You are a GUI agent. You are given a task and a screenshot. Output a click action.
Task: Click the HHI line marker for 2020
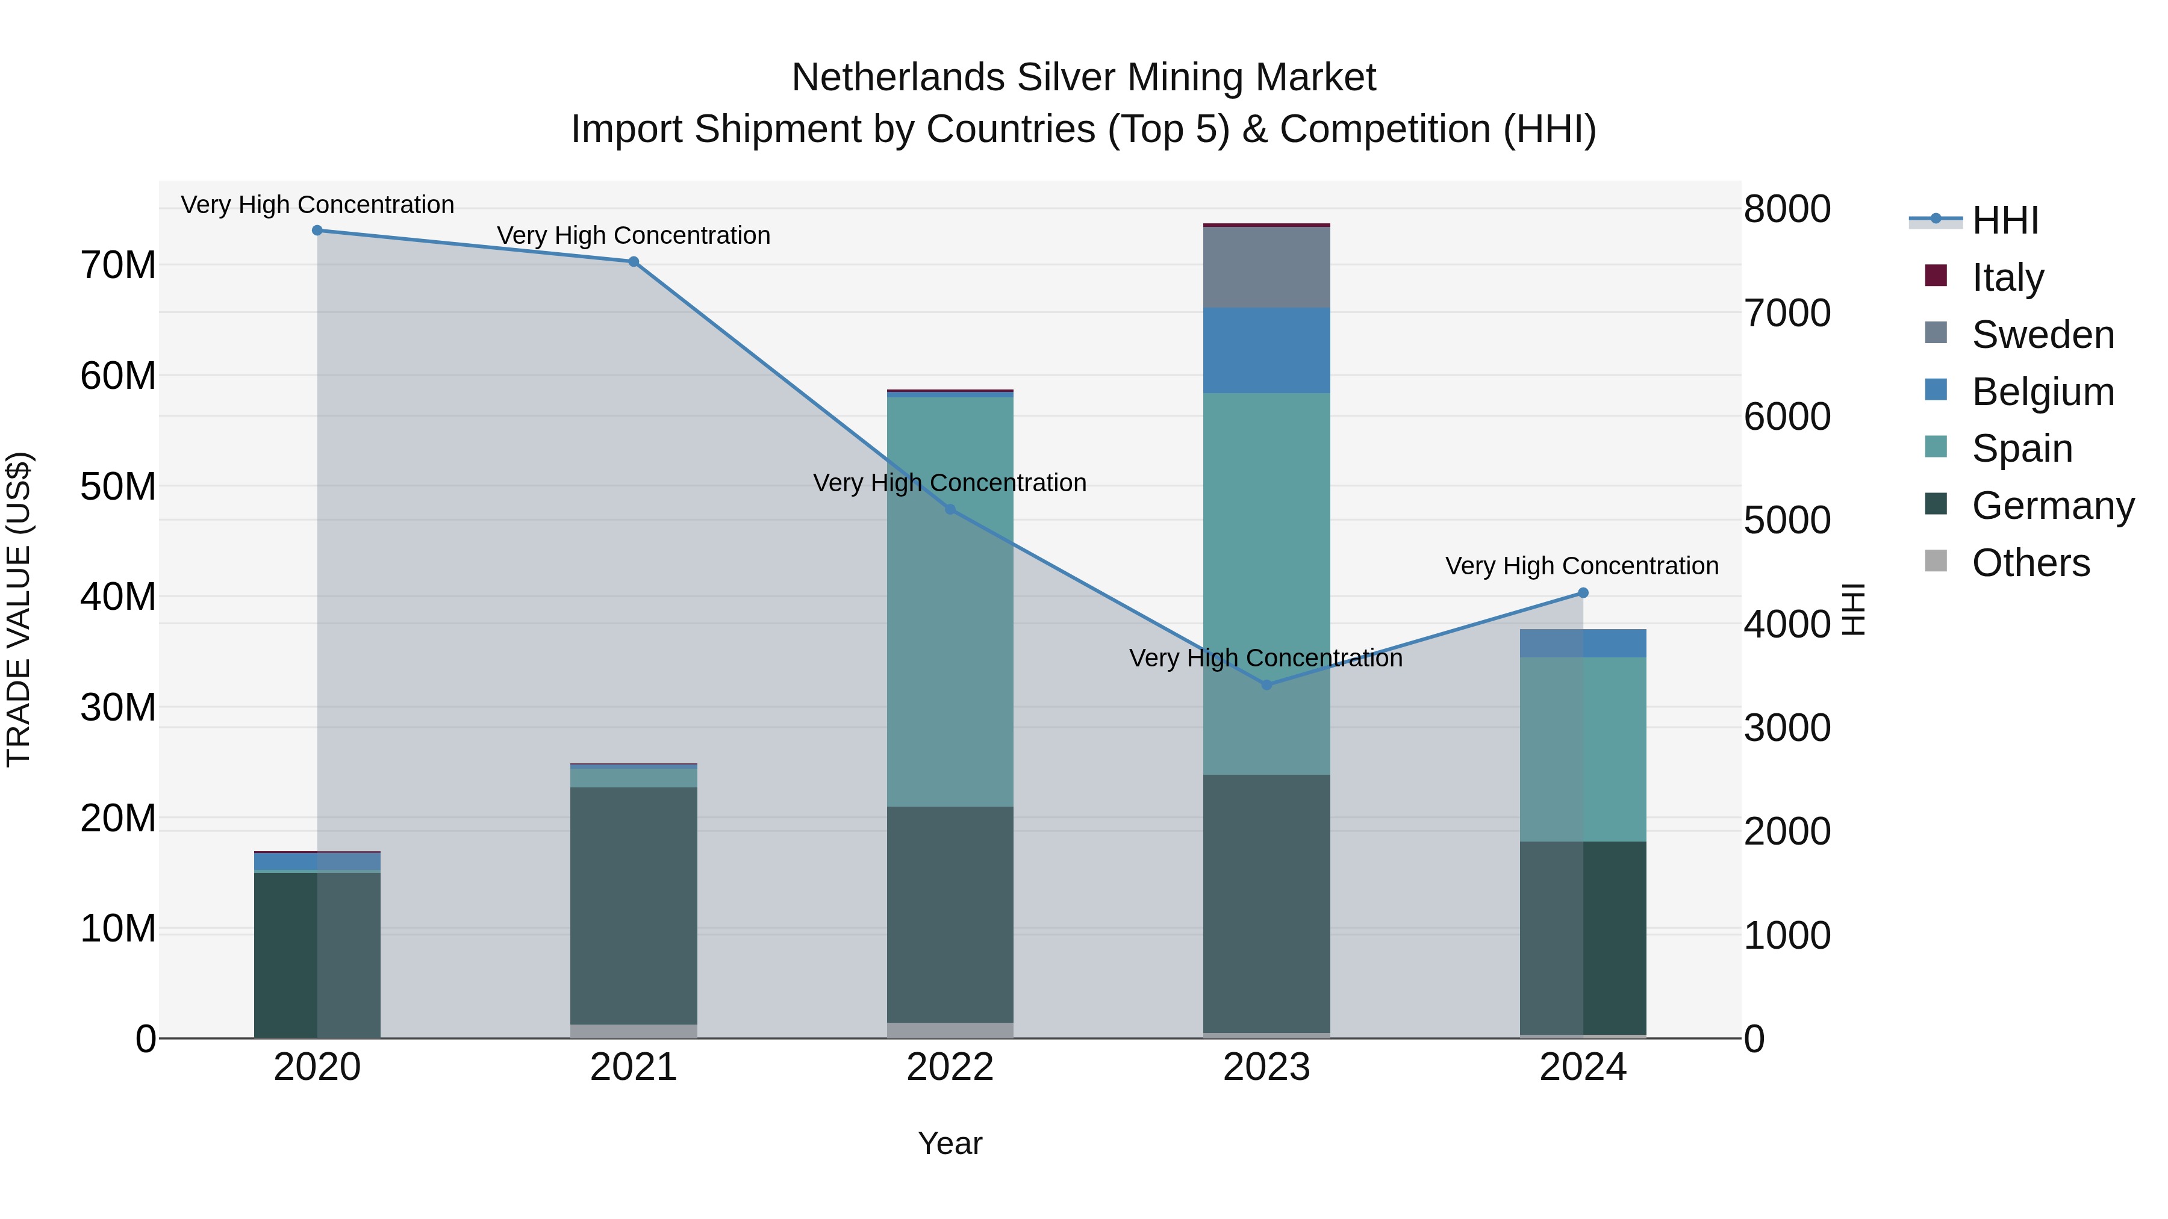[317, 231]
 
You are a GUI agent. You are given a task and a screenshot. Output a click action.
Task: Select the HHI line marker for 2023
[1266, 685]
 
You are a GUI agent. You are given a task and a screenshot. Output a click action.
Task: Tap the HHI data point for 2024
[1582, 593]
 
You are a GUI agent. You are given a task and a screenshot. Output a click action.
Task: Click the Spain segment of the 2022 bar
[950, 601]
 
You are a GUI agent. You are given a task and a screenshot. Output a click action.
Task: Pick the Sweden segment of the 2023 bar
[1266, 267]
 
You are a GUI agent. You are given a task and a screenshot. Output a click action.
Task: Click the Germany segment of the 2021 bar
[634, 905]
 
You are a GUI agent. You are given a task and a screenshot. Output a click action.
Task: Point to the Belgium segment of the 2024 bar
[1582, 644]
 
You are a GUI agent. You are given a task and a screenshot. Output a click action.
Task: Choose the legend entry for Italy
[2007, 278]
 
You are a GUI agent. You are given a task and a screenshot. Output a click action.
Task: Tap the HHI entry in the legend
[2004, 220]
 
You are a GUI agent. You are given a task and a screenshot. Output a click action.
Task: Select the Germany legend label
[2052, 506]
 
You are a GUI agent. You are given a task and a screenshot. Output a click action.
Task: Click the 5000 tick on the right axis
[1787, 520]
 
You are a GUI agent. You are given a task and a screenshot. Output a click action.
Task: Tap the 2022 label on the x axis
[950, 1067]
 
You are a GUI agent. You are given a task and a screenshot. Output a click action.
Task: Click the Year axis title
[950, 1143]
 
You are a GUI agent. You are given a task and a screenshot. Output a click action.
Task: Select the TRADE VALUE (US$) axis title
[19, 609]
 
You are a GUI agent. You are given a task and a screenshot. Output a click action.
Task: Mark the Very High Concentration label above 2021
[634, 235]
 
